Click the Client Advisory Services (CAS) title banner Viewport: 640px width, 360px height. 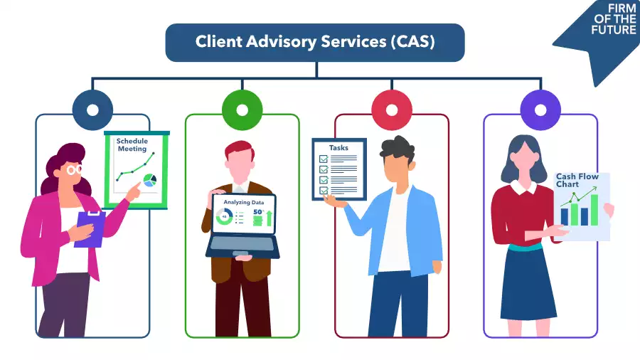pyautogui.click(x=315, y=42)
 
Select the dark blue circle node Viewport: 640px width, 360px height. pyautogui.click(x=92, y=110)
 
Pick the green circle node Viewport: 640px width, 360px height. pyautogui.click(x=242, y=110)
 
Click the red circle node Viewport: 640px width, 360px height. pyautogui.click(x=392, y=110)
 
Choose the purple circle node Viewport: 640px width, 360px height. pyautogui.click(x=540, y=110)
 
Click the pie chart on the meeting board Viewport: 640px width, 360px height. pyautogui.click(x=149, y=181)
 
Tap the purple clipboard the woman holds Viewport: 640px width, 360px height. pyautogui.click(x=90, y=228)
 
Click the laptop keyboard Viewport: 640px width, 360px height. pyautogui.click(x=242, y=243)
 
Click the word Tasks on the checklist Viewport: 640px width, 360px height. pyautogui.click(x=338, y=148)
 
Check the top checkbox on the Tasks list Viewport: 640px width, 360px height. pyautogui.click(x=324, y=159)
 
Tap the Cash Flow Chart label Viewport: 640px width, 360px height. pyautogui.click(x=577, y=181)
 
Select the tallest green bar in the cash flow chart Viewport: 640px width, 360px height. pyautogui.click(x=594, y=210)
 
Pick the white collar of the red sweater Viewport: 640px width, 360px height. pyautogui.click(x=527, y=188)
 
